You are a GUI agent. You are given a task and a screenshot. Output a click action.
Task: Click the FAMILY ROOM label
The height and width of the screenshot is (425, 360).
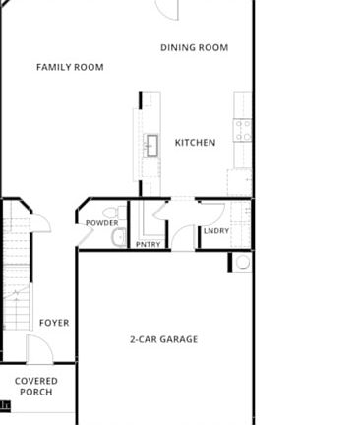[x=70, y=67]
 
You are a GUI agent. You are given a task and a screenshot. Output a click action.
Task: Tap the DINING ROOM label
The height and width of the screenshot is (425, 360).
[x=195, y=47]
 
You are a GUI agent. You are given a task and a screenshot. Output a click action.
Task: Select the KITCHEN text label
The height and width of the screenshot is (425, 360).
[x=195, y=143]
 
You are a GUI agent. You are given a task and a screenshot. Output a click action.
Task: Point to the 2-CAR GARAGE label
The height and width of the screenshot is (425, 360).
[x=164, y=339]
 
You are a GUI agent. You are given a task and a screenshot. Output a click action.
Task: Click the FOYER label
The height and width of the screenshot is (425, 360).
[x=54, y=323]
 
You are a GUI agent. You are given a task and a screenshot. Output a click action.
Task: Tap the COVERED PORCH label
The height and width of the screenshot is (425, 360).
[x=36, y=387]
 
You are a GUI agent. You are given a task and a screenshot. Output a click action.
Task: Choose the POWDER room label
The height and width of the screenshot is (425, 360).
[x=102, y=223]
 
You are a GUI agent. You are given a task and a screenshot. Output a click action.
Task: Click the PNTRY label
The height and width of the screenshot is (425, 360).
[x=149, y=244]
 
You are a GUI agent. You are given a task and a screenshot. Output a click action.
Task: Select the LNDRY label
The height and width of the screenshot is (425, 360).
[x=216, y=231]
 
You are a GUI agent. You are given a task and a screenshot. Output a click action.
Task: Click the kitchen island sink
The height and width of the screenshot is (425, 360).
[x=151, y=146]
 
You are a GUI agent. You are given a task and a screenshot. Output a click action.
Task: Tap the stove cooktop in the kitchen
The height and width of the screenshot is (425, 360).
[x=243, y=131]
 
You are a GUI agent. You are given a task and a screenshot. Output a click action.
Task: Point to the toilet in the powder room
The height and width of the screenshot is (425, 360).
[x=114, y=212]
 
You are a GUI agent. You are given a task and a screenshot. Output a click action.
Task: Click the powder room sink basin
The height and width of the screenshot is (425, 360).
[x=119, y=237]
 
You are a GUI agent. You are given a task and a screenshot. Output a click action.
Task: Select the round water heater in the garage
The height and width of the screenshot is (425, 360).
[x=243, y=262]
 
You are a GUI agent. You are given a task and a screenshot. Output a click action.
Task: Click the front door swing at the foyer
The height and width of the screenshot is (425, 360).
[x=39, y=349]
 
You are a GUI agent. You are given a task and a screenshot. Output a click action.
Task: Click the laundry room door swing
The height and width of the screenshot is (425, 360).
[x=212, y=213]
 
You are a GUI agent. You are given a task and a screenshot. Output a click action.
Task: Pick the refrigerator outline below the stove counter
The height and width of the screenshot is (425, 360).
[x=240, y=182]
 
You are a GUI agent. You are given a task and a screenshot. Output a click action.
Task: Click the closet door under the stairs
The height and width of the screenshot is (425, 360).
[x=41, y=223]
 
